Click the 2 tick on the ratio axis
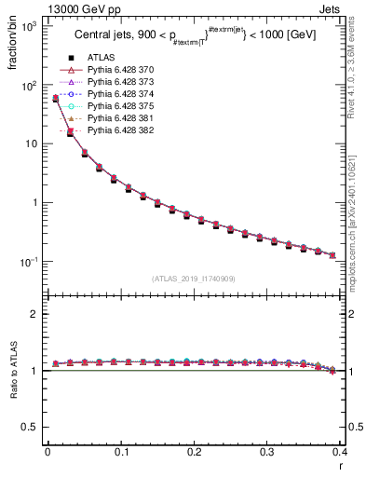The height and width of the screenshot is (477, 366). coord(37,314)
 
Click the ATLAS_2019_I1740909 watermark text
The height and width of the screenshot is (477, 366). coord(195,279)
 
